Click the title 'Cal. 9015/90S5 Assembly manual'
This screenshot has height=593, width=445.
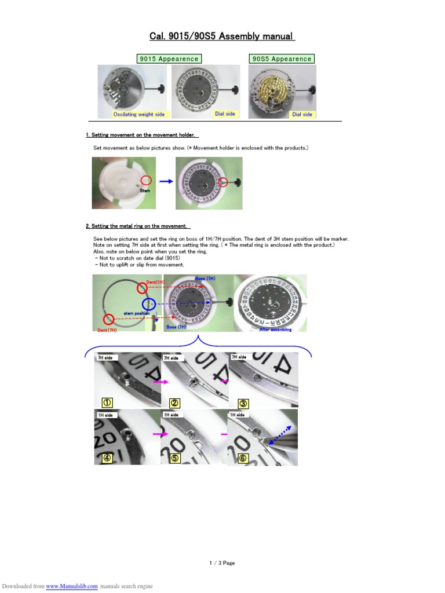click(x=222, y=36)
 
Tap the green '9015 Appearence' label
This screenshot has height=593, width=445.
click(x=169, y=58)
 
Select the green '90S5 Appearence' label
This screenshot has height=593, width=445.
click(x=282, y=58)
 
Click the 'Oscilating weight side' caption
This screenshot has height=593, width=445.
click(x=138, y=114)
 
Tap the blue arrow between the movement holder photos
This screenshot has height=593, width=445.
click(x=166, y=181)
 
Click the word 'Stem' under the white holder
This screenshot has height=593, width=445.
click(x=145, y=190)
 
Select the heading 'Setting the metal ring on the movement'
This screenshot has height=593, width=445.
click(x=138, y=226)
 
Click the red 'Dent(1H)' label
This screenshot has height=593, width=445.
click(x=155, y=282)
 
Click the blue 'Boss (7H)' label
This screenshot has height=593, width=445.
click(x=176, y=327)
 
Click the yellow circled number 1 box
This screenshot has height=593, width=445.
click(x=108, y=402)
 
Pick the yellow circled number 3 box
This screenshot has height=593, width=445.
click(x=243, y=402)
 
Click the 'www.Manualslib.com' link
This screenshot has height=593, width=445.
click(x=72, y=586)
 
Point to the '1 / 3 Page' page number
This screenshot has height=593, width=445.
click(x=222, y=563)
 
